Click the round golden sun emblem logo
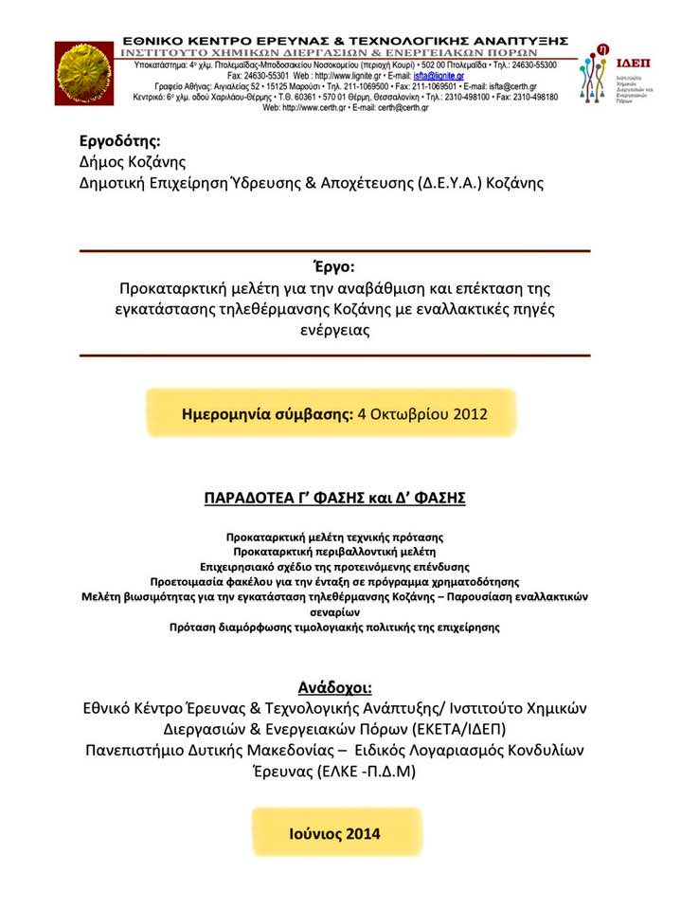coord(84,72)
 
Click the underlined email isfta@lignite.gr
coord(436,75)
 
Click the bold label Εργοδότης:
coord(119,142)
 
